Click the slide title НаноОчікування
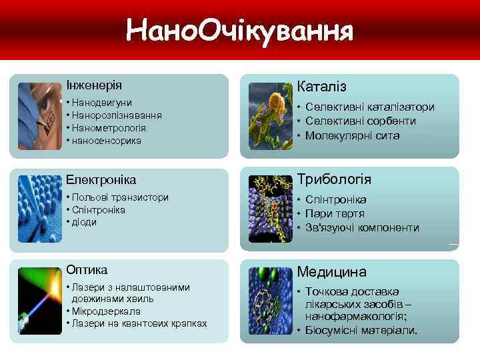(x=240, y=31)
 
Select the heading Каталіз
(x=322, y=87)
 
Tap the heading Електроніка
(x=101, y=180)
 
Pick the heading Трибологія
(x=334, y=180)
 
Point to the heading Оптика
(x=87, y=269)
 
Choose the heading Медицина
(x=331, y=272)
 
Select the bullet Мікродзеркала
(x=111, y=311)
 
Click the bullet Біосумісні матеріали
(x=362, y=330)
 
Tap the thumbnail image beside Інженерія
(x=40, y=115)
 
